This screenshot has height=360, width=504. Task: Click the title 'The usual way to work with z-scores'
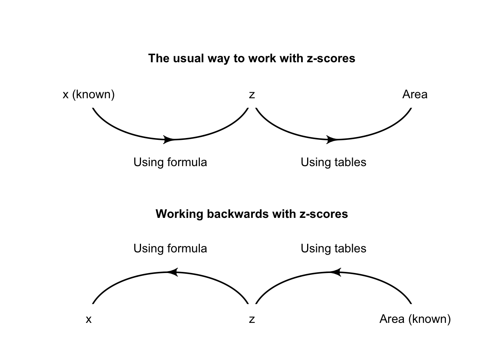252,58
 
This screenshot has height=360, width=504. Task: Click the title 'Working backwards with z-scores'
252,214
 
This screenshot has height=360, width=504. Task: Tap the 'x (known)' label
88,94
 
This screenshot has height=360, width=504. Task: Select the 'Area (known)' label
415,319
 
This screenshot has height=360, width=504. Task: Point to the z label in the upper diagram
252,95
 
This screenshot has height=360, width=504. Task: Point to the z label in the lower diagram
252,319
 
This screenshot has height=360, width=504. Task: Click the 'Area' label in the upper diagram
415,94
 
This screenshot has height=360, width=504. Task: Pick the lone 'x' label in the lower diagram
88,319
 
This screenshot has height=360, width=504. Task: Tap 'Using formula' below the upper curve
170,162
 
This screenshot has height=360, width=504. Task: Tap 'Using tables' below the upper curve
333,162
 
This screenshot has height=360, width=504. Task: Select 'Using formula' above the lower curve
170,249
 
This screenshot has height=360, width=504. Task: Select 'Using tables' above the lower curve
333,249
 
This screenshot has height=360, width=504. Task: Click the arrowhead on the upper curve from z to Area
332,139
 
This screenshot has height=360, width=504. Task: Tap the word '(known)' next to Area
429,319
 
